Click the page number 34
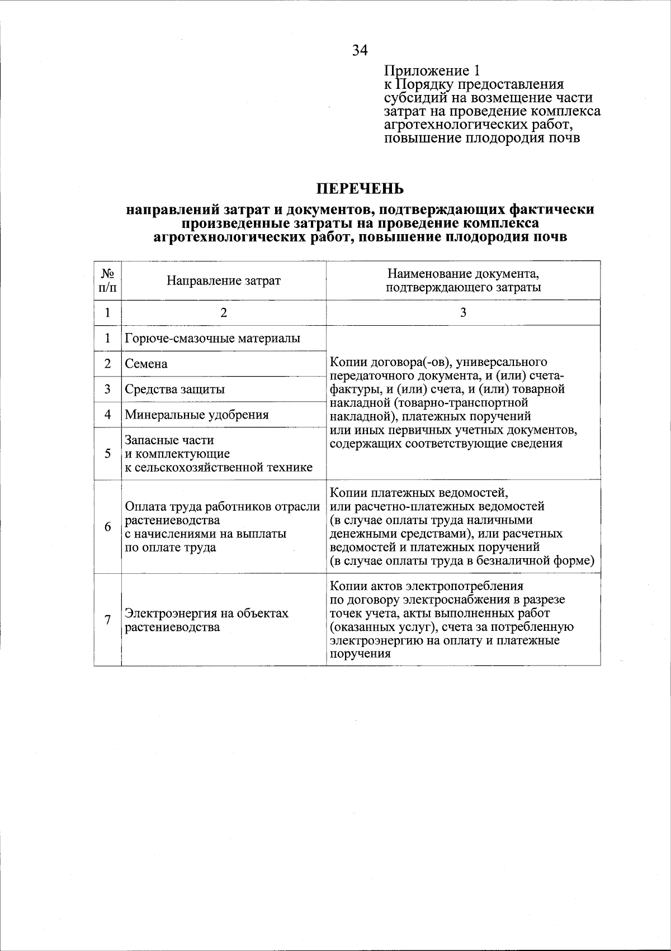coord(360,50)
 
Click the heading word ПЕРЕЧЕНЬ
coord(360,188)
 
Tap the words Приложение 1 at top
coord(431,71)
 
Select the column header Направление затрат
coord(224,280)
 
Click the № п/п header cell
coord(107,280)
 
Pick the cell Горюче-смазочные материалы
coord(212,339)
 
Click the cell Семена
coord(147,364)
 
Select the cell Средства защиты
coord(175,389)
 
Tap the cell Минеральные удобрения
coord(197,415)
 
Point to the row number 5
coord(107,454)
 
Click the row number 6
coord(107,527)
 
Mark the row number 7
coord(107,620)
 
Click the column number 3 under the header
coord(463,313)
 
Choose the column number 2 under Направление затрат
coord(224,313)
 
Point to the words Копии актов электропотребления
coord(427,586)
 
